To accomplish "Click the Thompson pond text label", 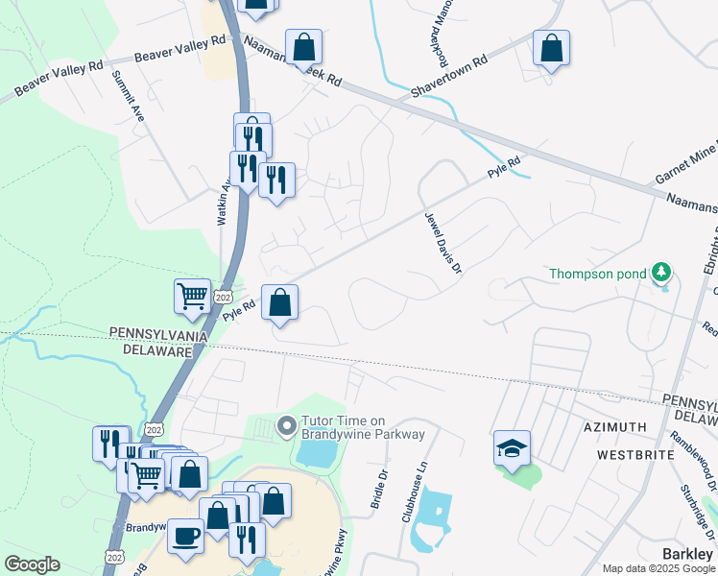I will click(596, 274).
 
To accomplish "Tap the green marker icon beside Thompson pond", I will click(661, 274).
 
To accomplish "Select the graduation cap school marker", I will click(513, 448).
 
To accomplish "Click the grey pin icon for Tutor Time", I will click(286, 425).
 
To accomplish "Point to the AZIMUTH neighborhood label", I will click(614, 425).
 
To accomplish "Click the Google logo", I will click(32, 564).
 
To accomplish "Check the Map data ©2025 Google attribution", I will click(658, 569).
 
